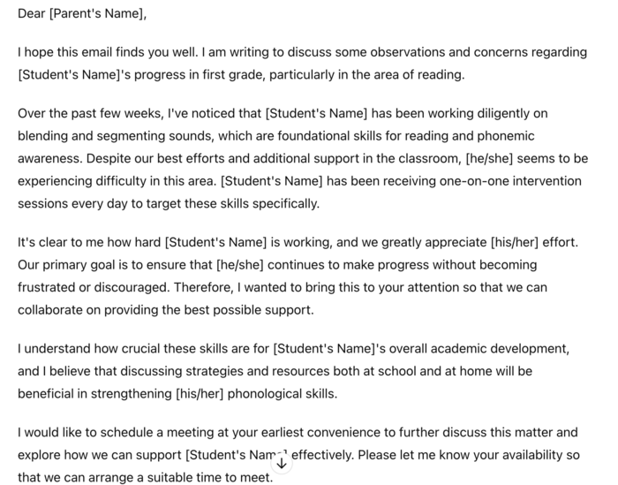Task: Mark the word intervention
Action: click(544, 180)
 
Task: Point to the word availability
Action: click(528, 455)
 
